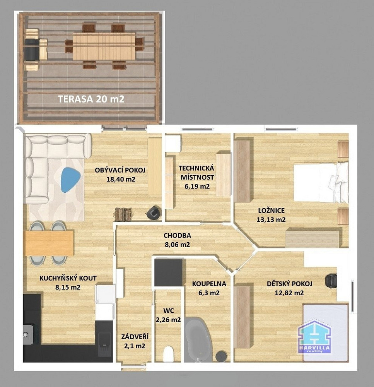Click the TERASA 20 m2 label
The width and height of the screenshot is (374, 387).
click(x=91, y=99)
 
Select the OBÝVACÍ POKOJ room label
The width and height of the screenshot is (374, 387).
click(x=120, y=170)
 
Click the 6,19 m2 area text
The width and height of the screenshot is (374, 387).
click(x=197, y=187)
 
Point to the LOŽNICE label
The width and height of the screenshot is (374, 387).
click(x=272, y=211)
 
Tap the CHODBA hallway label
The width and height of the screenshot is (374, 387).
click(x=178, y=235)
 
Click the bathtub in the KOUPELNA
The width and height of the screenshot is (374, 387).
click(x=198, y=340)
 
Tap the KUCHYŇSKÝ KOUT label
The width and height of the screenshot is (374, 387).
click(x=68, y=278)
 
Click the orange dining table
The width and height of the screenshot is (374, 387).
click(x=50, y=243)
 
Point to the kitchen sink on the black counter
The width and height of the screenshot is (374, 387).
click(x=28, y=334)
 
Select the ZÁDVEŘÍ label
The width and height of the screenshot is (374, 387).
click(x=135, y=337)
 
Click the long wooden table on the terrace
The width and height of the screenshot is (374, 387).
click(x=104, y=46)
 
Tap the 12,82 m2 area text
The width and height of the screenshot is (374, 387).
click(x=289, y=293)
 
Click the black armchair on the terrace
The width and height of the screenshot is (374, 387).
click(x=31, y=50)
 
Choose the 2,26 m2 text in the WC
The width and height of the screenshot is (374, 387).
click(x=168, y=320)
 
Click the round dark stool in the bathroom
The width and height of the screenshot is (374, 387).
click(x=221, y=356)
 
